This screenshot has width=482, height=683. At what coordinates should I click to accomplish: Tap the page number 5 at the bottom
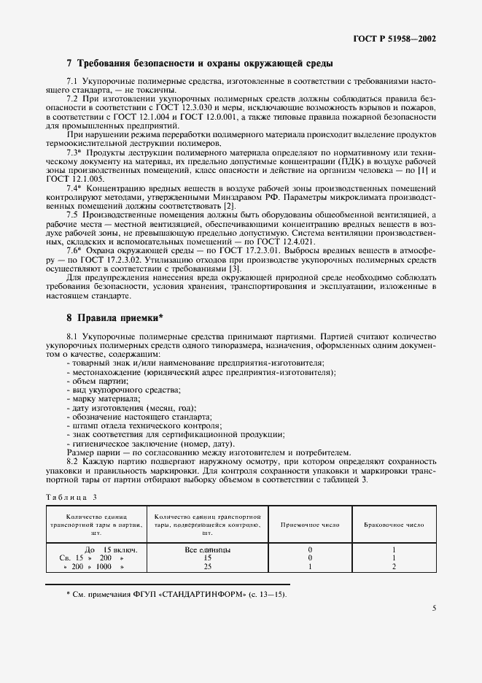click(434, 607)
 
